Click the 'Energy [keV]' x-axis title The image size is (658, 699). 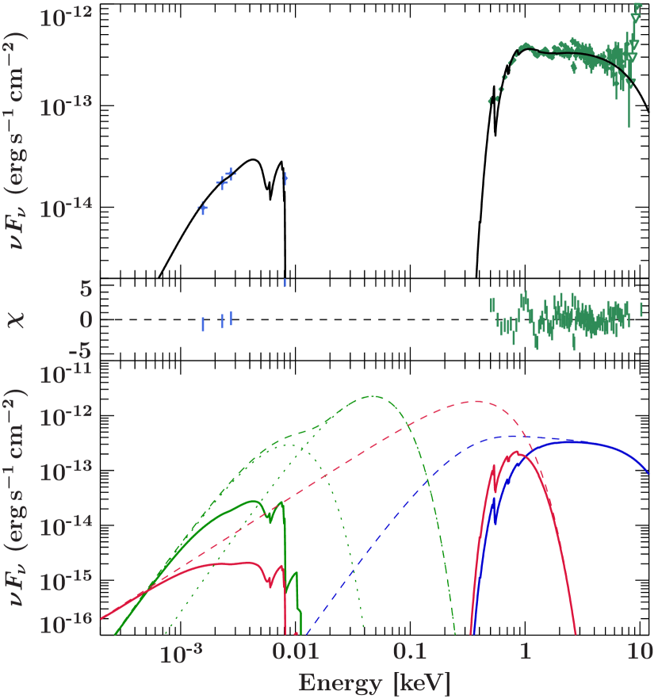pos(374,682)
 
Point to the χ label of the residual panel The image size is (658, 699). pos(17,319)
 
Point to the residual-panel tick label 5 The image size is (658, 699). pos(86,289)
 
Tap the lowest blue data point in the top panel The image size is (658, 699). pos(202,208)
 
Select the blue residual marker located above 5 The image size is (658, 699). pos(285,282)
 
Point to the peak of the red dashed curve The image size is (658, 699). pos(476,401)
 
